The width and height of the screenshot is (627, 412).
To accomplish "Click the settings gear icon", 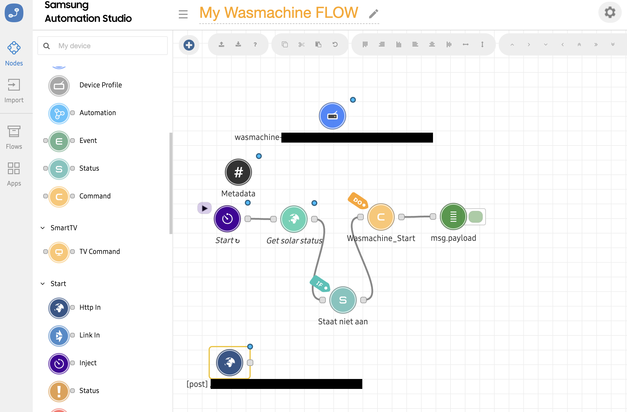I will point(610,13).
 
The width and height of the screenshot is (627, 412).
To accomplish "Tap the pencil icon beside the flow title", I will point(373,14).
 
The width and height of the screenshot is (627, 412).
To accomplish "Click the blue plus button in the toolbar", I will point(189,45).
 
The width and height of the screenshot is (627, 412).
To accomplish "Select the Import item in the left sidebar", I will point(14,91).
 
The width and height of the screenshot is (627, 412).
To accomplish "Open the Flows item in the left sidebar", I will point(14,137).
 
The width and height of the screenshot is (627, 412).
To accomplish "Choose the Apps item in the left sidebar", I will point(14,174).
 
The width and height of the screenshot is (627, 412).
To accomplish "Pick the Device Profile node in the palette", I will point(59,86).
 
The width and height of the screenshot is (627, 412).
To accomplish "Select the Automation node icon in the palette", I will point(59,113).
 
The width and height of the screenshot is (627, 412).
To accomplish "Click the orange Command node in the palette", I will point(59,197).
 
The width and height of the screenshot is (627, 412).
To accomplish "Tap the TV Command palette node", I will point(59,252).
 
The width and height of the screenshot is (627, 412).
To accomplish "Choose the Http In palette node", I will point(59,308).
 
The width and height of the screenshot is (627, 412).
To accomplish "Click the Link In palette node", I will point(59,336).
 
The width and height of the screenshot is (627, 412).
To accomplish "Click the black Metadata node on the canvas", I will point(238,172).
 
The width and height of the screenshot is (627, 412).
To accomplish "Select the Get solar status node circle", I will point(294,219).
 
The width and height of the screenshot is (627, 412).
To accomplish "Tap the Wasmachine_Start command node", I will point(381,217).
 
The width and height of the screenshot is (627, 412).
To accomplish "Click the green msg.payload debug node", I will point(453,217).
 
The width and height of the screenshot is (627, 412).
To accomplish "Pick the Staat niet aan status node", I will point(343,300).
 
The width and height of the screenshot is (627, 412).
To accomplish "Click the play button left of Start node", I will point(205,208).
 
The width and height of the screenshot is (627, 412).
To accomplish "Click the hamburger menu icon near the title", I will point(183,14).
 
